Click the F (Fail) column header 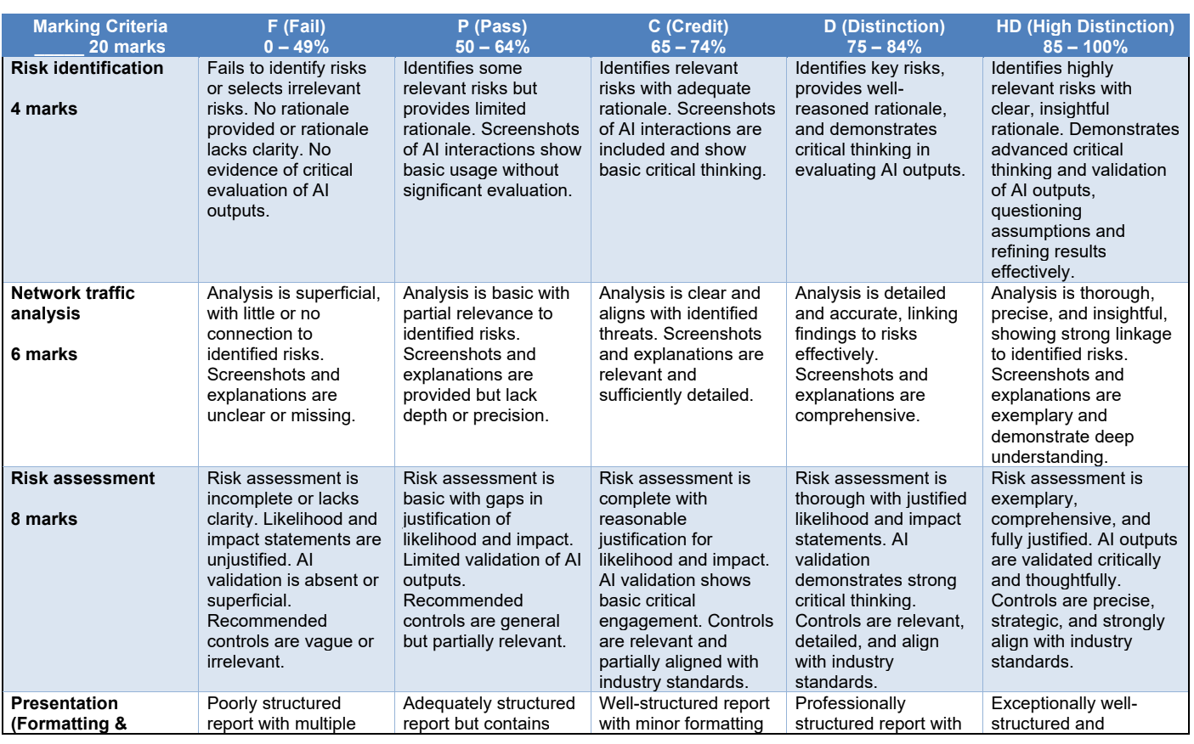(x=296, y=26)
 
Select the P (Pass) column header (x=492, y=26)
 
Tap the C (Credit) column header (x=688, y=26)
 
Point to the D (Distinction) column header (x=884, y=26)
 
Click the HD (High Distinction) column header (x=1085, y=26)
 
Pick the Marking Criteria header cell (x=100, y=26)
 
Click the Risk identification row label (x=87, y=68)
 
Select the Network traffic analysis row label (x=72, y=303)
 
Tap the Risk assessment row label (x=82, y=478)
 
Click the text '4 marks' (x=44, y=109)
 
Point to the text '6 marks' (x=44, y=354)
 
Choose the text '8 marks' (x=44, y=519)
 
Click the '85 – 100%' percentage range (x=1085, y=47)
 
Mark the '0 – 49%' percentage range (x=296, y=47)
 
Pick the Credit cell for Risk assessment (x=686, y=580)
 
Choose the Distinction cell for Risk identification (x=880, y=119)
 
